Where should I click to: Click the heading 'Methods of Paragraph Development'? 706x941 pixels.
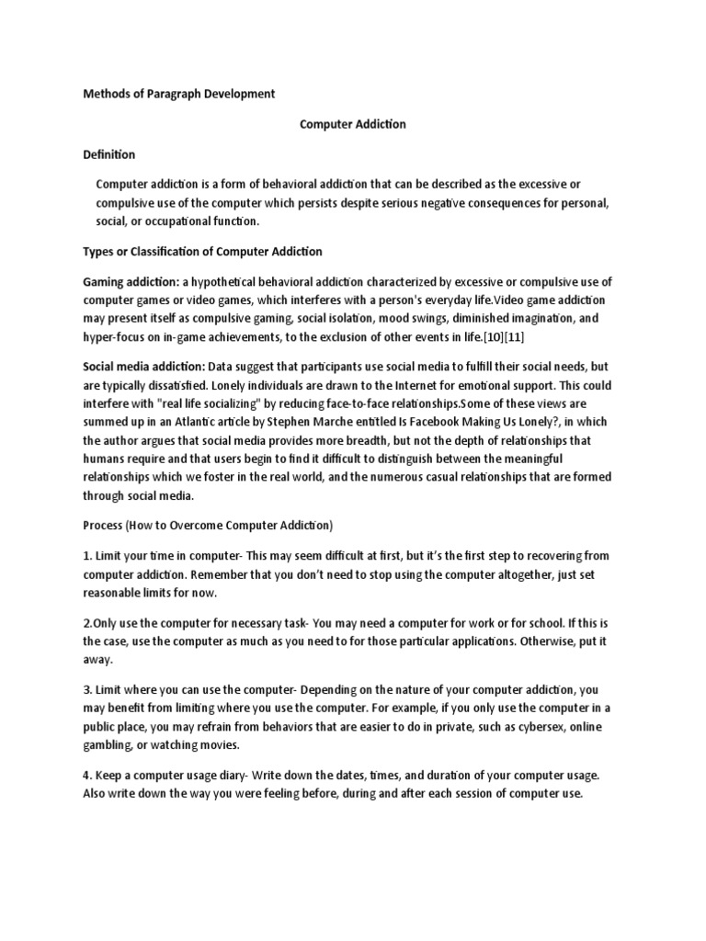tap(179, 94)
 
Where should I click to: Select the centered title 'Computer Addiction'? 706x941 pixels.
tap(353, 124)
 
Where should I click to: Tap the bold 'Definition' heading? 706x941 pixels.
tap(109, 154)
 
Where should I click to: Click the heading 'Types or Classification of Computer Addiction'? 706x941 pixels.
tap(203, 251)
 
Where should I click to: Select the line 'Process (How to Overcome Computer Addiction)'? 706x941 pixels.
tap(208, 526)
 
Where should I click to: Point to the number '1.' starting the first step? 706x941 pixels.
tap(88, 556)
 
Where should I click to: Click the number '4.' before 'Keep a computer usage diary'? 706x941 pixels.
tap(88, 776)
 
